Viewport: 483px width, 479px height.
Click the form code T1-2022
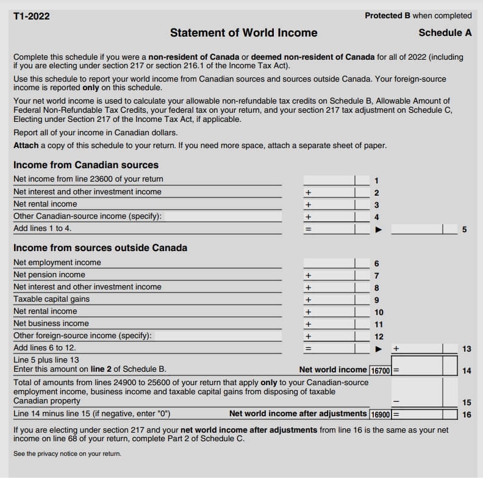click(32, 16)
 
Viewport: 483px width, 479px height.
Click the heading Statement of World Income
click(243, 32)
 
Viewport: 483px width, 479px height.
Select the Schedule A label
click(445, 32)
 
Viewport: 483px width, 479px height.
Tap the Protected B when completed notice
click(418, 15)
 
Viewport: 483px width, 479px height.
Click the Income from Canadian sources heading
click(86, 165)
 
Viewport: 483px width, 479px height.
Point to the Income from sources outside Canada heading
click(100, 247)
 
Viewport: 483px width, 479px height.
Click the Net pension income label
click(49, 275)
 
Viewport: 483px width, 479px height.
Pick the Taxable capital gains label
click(51, 299)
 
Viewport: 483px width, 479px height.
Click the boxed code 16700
click(381, 370)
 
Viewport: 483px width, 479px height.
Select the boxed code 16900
click(381, 414)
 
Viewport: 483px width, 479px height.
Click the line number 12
click(379, 336)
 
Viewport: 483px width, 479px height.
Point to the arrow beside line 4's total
click(377, 229)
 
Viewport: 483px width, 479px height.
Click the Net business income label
click(51, 324)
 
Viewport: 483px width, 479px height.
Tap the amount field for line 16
click(426, 414)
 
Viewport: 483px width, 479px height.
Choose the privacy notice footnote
click(67, 453)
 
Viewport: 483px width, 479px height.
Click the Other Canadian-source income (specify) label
click(87, 216)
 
